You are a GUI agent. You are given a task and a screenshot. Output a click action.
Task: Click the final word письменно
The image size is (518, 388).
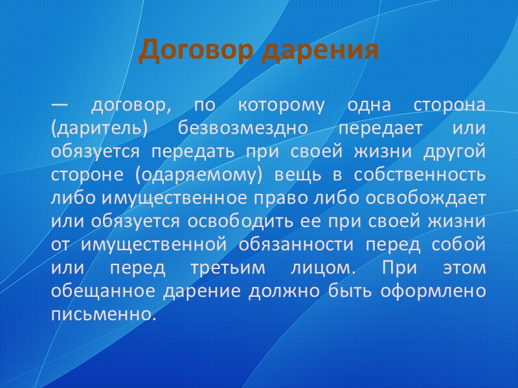[103, 314]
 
